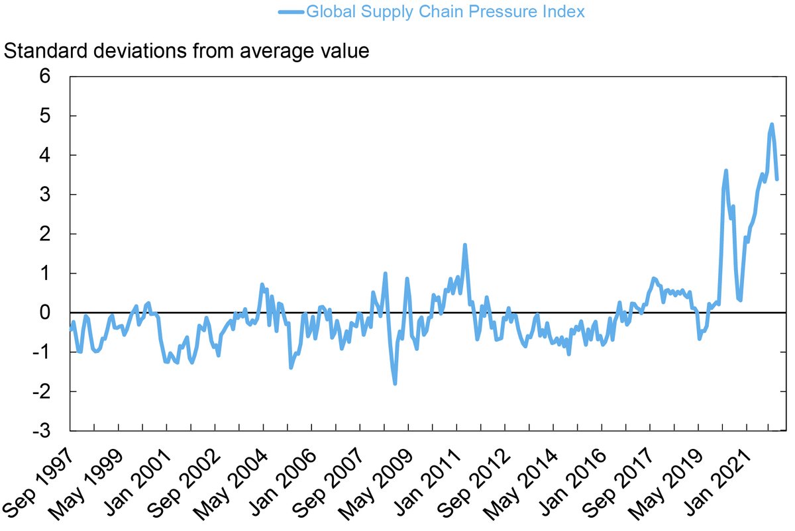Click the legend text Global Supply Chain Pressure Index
445,11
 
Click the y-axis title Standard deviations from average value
186,51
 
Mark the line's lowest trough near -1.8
395,383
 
